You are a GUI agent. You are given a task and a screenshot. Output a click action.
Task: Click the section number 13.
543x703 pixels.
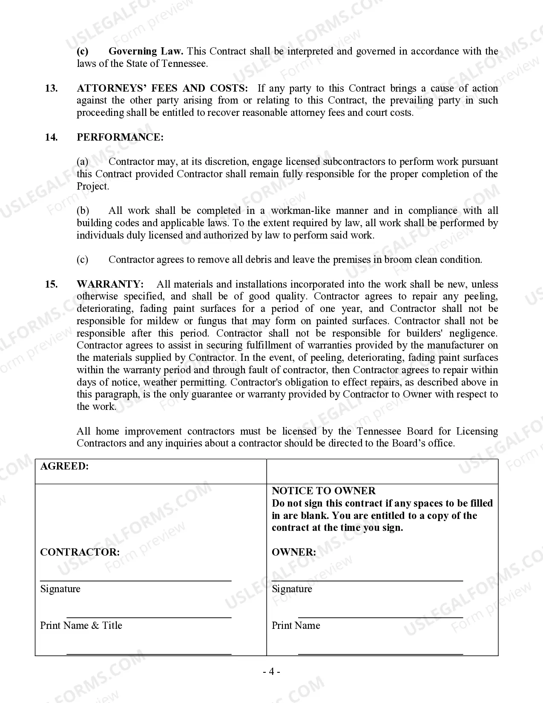coord(51,88)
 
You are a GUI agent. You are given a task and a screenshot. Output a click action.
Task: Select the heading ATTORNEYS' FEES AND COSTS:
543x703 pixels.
coord(162,88)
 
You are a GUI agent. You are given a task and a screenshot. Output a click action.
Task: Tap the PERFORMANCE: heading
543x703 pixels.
coord(120,137)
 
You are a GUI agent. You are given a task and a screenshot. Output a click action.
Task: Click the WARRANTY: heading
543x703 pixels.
coord(110,284)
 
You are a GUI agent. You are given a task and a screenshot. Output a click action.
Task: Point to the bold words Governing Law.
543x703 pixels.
coord(146,52)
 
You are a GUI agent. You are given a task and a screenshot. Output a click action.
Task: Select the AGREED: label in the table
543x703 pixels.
coord(64,466)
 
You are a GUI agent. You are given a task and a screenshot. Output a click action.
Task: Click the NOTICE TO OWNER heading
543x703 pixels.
coord(324,491)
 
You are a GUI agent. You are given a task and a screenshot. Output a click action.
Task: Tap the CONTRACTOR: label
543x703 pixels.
coord(80,552)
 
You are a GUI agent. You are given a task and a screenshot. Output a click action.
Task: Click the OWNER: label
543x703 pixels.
coord(294,552)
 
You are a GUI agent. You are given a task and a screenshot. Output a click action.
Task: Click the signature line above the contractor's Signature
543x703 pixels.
coord(135,580)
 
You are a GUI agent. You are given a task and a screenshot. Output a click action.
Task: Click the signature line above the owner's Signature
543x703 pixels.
coord(367,580)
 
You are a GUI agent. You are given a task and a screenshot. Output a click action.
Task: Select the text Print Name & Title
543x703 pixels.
coord(81,625)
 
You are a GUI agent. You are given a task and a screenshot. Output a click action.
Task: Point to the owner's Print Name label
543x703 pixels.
coord(296,625)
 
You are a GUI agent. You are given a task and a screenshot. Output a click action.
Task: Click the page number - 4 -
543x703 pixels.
coord(271,672)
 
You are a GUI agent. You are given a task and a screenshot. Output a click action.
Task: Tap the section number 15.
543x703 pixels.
coord(51,284)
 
